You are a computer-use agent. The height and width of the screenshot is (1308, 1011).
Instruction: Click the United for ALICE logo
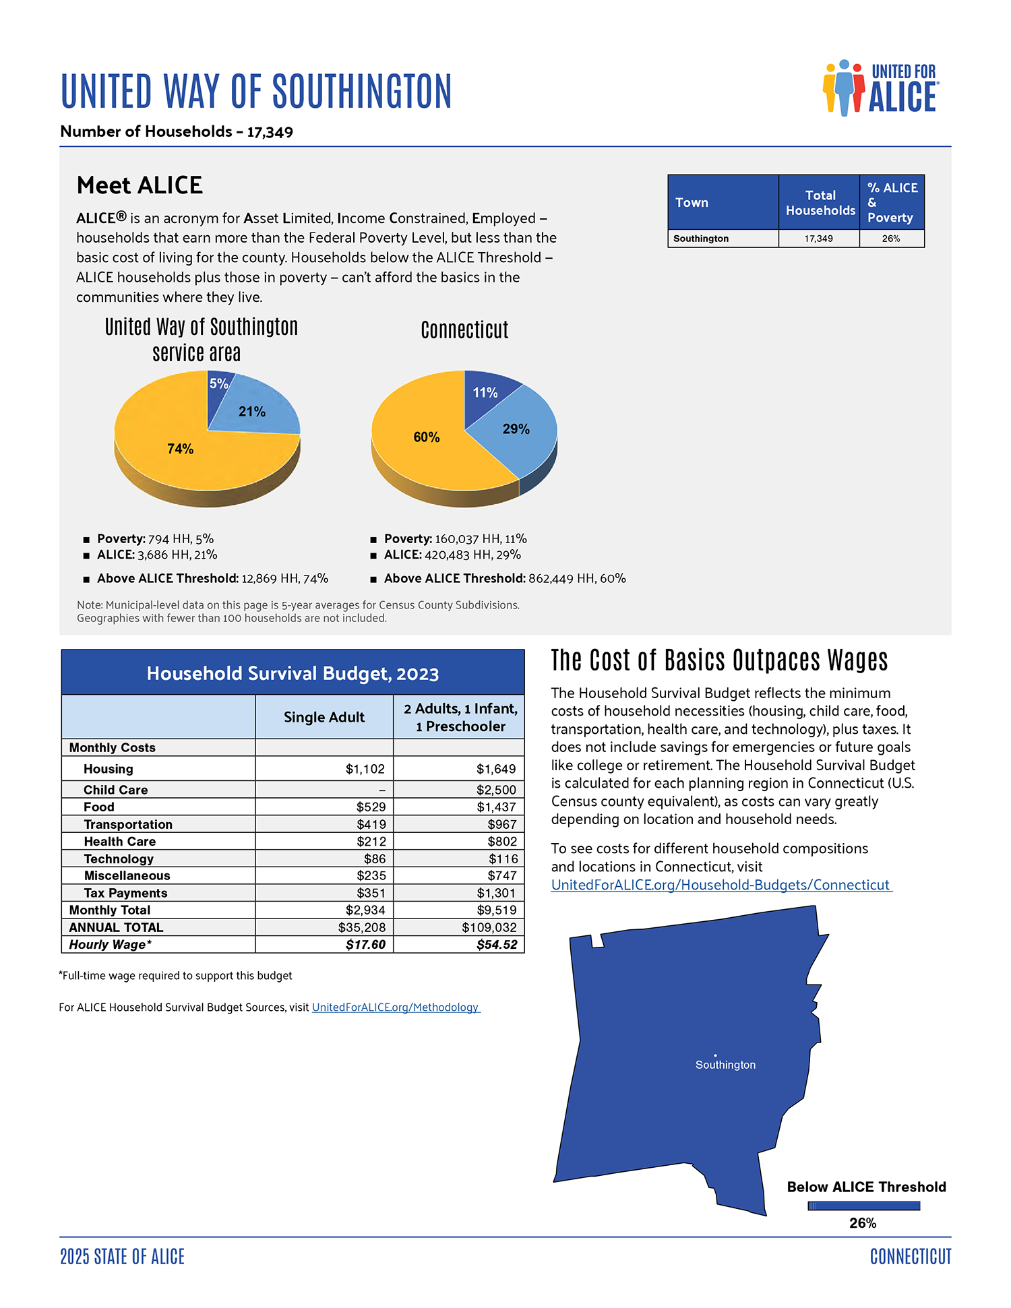[x=880, y=88]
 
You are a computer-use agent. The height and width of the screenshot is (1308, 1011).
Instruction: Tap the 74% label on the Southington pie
[x=180, y=449]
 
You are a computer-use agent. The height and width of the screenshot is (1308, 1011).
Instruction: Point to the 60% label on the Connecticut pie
[x=426, y=437]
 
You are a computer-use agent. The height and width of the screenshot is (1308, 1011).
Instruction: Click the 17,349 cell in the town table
[x=818, y=239]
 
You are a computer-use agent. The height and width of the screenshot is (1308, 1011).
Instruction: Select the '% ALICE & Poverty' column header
[x=891, y=202]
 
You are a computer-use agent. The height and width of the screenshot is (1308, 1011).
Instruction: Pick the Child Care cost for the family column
[x=496, y=790]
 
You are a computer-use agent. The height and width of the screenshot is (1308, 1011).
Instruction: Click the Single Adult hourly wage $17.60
[x=365, y=945]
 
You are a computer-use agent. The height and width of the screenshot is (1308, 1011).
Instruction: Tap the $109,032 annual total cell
[x=489, y=927]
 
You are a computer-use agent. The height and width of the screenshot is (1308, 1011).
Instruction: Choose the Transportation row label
[x=128, y=824]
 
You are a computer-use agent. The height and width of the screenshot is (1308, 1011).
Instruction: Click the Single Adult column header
[x=324, y=717]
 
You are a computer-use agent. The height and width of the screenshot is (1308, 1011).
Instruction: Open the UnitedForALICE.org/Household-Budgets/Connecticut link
[x=721, y=885]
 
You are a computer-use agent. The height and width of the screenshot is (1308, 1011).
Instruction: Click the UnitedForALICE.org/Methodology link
[x=395, y=1007]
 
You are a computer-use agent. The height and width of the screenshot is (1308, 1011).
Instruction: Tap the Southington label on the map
[x=725, y=1065]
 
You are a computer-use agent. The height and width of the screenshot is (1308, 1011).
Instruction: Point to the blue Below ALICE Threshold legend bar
[x=863, y=1206]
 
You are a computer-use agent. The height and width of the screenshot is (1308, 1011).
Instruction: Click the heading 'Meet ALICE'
[x=140, y=185]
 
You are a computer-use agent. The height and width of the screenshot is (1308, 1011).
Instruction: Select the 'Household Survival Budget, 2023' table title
[x=293, y=673]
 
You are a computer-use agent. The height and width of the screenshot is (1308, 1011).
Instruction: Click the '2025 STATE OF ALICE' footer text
[x=122, y=1257]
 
